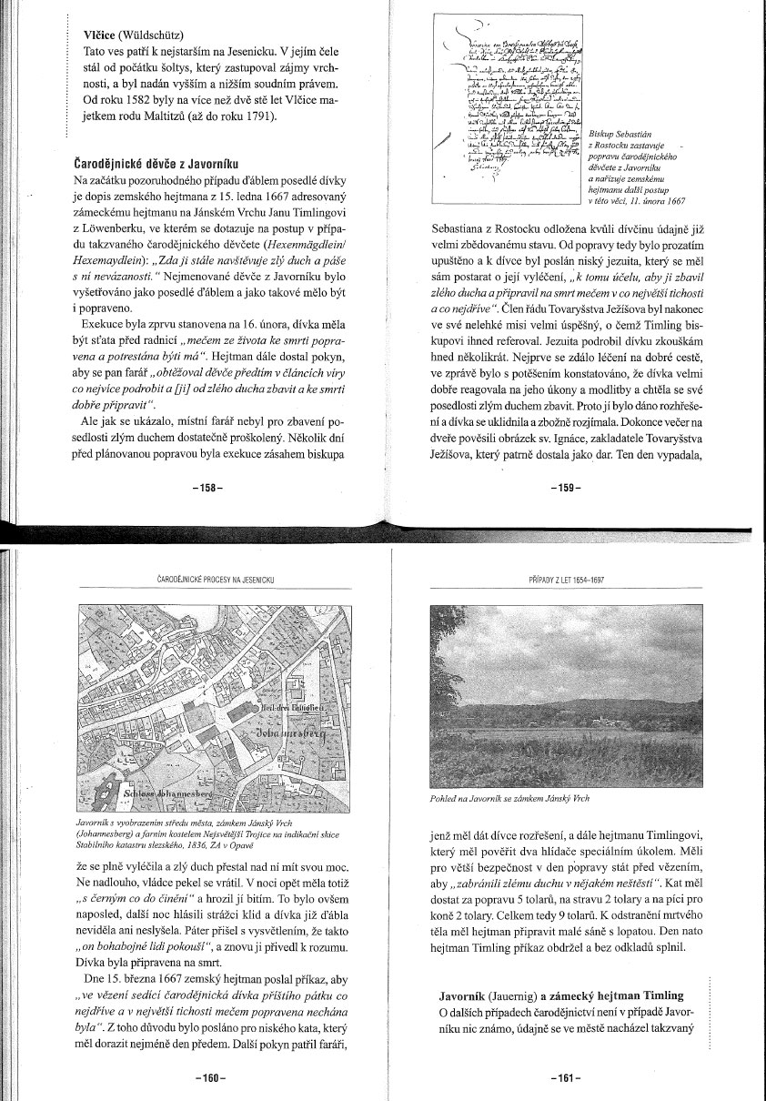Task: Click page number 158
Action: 207,489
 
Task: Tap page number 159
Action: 566,489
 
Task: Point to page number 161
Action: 566,1078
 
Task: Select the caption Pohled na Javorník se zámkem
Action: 509,799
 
